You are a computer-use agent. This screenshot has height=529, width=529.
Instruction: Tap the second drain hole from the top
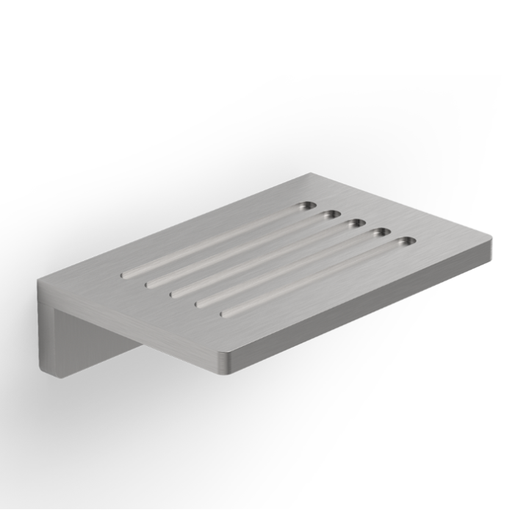pyautogui.click(x=330, y=215)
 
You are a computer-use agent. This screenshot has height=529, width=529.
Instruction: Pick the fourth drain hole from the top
pyautogui.click(x=381, y=232)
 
